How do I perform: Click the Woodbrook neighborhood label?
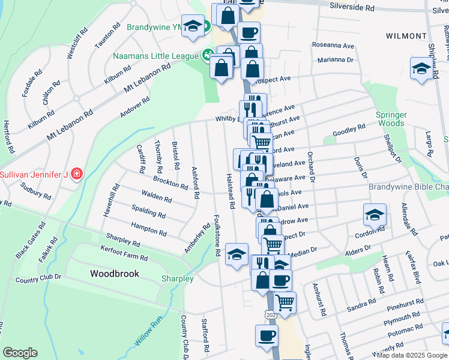click(x=115, y=274)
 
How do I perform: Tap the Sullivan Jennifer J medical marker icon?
click(x=76, y=175)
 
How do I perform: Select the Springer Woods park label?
click(x=391, y=119)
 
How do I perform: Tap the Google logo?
click(x=20, y=353)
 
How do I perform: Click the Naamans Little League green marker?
click(x=208, y=56)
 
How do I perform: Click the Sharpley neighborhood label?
click(x=177, y=279)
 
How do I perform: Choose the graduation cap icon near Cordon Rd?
click(x=375, y=215)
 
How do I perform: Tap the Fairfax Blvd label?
click(x=412, y=267)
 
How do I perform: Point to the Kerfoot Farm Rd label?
click(x=124, y=257)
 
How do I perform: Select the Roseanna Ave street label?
click(x=334, y=45)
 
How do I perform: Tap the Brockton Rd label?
click(x=170, y=182)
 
